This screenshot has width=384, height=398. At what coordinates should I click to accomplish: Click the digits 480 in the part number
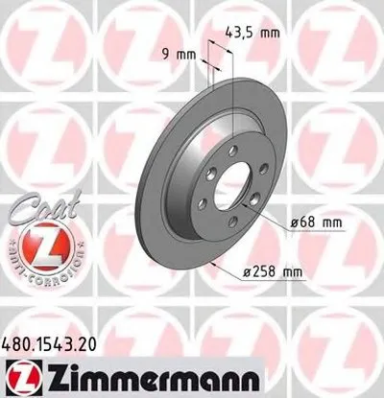pos(20,340)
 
